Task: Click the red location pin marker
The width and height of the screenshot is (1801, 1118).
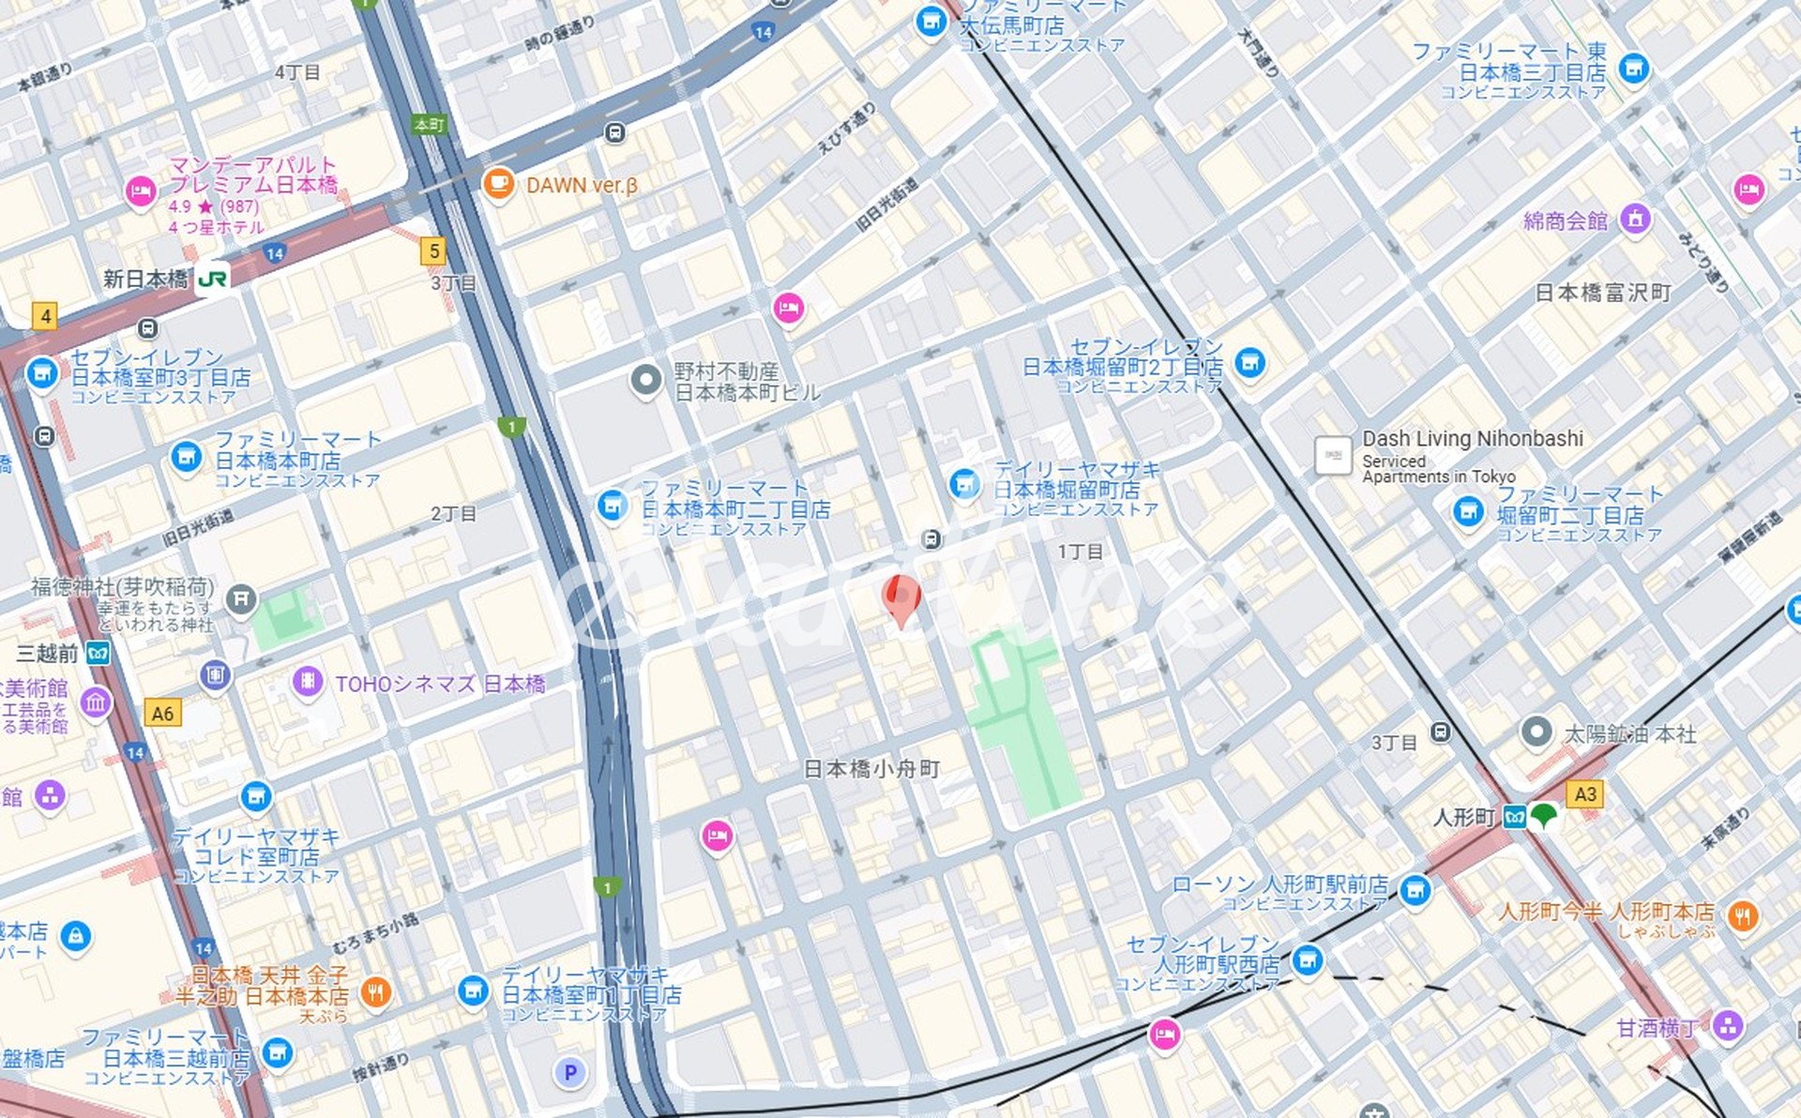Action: tap(901, 598)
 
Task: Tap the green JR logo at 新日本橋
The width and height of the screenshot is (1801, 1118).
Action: tap(213, 279)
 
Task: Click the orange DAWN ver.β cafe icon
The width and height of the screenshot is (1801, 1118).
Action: tap(498, 184)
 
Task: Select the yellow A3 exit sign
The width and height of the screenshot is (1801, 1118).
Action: tap(1584, 794)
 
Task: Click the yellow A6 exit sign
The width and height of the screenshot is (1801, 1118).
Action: tap(162, 714)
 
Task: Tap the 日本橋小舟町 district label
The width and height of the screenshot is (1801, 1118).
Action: tap(871, 769)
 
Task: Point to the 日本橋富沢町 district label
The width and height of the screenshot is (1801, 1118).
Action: tap(1602, 293)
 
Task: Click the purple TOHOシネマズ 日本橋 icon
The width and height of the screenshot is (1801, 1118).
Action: tap(308, 682)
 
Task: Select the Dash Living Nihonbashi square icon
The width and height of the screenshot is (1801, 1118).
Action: tap(1332, 455)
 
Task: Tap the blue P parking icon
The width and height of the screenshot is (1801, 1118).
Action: tap(569, 1072)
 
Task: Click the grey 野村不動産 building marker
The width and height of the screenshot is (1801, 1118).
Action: tap(645, 380)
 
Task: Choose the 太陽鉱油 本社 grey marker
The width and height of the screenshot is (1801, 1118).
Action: tap(1536, 732)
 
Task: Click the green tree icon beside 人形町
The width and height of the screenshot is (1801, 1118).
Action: tap(1544, 816)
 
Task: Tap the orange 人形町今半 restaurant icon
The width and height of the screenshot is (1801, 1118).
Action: tap(1742, 914)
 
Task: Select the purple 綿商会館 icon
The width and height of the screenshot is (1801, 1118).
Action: tap(1635, 219)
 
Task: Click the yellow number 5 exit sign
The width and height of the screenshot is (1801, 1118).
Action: tap(432, 250)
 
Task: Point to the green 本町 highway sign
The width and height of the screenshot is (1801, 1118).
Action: tap(429, 124)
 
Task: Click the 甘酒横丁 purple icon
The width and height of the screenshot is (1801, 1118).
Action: tap(1727, 1025)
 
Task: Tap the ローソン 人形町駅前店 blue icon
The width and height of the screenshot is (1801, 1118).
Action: tap(1415, 888)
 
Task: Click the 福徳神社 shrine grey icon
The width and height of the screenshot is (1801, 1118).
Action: tap(241, 597)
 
